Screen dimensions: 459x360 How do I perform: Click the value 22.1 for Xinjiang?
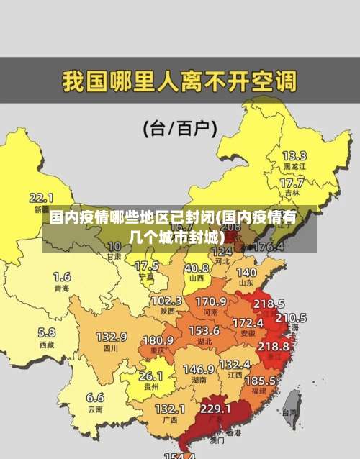(x=41, y=197)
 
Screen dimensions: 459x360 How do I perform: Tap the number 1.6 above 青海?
(x=62, y=276)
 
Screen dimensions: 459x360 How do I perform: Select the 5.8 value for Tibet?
(x=46, y=332)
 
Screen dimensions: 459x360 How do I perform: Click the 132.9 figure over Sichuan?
(x=111, y=336)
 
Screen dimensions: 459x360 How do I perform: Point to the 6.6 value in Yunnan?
(x=95, y=396)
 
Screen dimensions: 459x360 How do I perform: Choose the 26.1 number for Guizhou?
(x=150, y=376)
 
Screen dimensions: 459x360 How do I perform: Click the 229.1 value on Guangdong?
(x=215, y=408)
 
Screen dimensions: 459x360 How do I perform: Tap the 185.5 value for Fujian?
(x=260, y=380)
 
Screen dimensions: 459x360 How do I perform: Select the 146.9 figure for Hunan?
(x=198, y=368)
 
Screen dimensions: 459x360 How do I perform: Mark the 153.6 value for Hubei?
(x=204, y=330)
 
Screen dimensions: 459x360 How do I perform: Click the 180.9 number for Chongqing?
(x=158, y=340)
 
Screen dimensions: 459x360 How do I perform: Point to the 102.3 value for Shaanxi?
(x=166, y=300)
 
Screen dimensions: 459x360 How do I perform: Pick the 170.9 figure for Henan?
(x=211, y=301)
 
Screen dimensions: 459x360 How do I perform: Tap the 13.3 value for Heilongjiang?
(x=294, y=155)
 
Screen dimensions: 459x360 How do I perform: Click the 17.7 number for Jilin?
(x=292, y=183)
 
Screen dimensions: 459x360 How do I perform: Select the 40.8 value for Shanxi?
(x=196, y=267)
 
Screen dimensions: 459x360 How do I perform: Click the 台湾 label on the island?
(x=289, y=412)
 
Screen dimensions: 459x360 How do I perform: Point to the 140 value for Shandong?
(x=246, y=273)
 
